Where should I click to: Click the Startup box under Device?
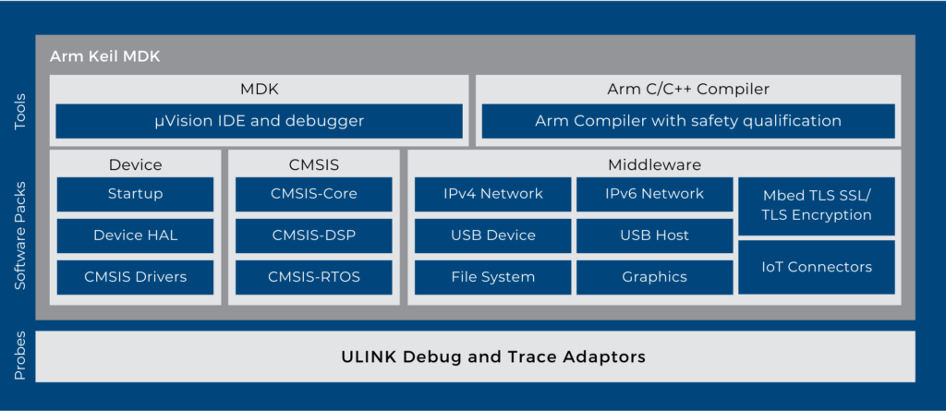pyautogui.click(x=135, y=194)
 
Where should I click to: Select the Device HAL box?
pyautogui.click(x=135, y=236)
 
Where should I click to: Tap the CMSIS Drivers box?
pyautogui.click(x=135, y=277)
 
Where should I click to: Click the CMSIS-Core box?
pyautogui.click(x=314, y=194)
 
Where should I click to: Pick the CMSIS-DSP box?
pyautogui.click(x=314, y=236)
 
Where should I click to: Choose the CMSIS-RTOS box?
pyautogui.click(x=314, y=277)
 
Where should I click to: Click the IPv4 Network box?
pyautogui.click(x=492, y=194)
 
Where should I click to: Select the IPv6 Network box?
pyautogui.click(x=654, y=194)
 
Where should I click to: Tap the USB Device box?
pyautogui.click(x=492, y=236)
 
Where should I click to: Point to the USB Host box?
pyautogui.click(x=654, y=236)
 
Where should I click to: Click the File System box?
pyautogui.click(x=492, y=277)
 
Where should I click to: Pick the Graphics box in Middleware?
pyautogui.click(x=654, y=277)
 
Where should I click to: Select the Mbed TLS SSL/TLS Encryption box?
pyautogui.click(x=817, y=205)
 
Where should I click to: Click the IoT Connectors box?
pyautogui.click(x=817, y=267)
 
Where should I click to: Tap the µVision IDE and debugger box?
pyautogui.click(x=259, y=121)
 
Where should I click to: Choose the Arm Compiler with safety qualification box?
pyautogui.click(x=688, y=121)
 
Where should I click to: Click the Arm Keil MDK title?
pyautogui.click(x=104, y=56)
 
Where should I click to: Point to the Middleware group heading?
pyautogui.click(x=654, y=165)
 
